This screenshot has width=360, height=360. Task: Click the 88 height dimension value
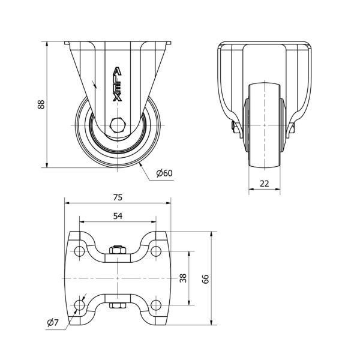tap(41, 104)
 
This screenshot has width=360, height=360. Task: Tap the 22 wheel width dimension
tap(265, 183)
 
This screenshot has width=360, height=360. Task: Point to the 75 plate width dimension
tap(118, 197)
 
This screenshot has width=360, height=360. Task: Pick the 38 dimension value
tap(184, 278)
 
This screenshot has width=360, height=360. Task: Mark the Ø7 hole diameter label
tap(53, 323)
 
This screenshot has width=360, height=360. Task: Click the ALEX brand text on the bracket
tap(118, 84)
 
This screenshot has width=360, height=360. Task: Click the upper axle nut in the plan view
tap(118, 248)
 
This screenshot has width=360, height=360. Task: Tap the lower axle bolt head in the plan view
tap(118, 307)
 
